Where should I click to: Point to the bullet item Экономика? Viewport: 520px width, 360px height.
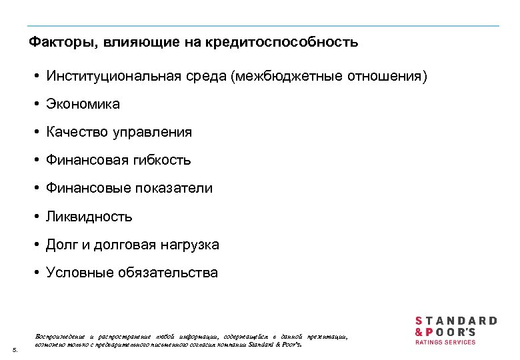tap(83, 104)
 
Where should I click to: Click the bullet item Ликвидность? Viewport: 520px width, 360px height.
tap(89, 217)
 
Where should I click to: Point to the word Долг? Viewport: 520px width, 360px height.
tap(61, 245)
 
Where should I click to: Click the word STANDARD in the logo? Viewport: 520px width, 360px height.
tap(456, 321)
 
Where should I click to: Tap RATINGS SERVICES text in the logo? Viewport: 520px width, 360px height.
tap(445, 342)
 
